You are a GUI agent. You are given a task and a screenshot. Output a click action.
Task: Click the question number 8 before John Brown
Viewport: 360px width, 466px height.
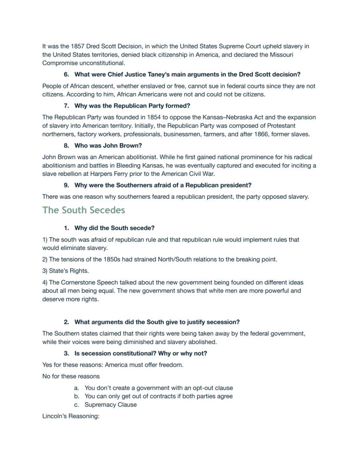(x=66, y=146)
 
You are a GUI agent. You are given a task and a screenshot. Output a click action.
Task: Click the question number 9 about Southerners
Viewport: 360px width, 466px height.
(x=66, y=185)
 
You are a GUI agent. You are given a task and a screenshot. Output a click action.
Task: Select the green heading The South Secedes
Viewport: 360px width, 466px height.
(x=83, y=210)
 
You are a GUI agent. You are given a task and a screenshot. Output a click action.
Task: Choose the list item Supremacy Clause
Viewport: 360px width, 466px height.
(x=110, y=405)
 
